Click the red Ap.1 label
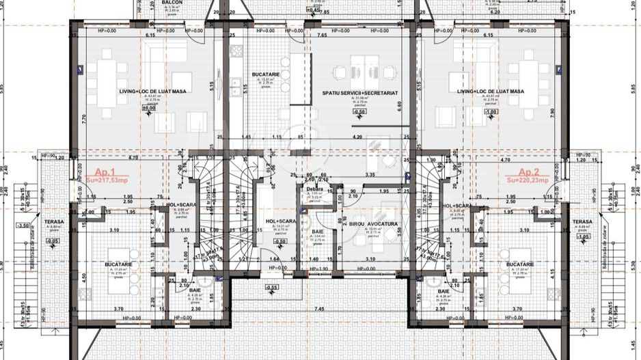point(106,172)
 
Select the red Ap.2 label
point(530,172)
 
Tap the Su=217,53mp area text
point(106,180)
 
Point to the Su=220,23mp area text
point(530,180)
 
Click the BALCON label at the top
point(172,3)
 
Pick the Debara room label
point(314,189)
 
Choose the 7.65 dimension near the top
point(321,34)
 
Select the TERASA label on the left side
point(55,222)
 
